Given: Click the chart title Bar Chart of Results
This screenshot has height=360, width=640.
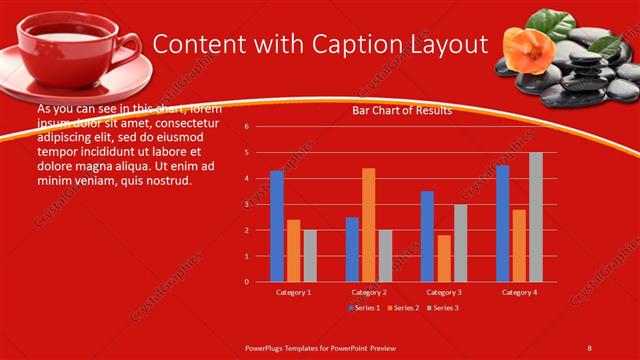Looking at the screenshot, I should point(402,110).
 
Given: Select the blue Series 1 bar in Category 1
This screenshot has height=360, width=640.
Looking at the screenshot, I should point(277,226).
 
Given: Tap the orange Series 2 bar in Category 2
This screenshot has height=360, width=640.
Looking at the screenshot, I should point(368,225).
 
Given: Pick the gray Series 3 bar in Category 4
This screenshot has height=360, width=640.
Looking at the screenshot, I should point(536,217).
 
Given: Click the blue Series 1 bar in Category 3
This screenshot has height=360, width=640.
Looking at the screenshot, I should point(427,236).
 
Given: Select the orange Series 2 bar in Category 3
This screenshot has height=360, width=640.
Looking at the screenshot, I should point(443,258).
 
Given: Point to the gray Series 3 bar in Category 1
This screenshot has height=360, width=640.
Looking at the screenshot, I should point(310,256).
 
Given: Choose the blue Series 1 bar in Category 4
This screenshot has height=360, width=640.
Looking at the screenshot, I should point(502,223).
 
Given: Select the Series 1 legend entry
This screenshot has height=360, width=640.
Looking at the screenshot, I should point(365,309).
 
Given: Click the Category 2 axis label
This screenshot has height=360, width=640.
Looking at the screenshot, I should point(368,292).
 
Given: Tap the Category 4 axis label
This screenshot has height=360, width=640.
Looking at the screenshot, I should point(518,292).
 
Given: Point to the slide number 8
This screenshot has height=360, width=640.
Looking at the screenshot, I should point(589,346).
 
